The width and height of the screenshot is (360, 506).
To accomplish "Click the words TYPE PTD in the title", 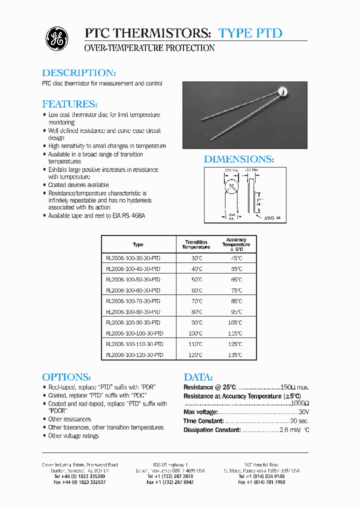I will pyautogui.click(x=250, y=33).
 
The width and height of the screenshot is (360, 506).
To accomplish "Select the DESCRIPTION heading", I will pyautogui.click(x=79, y=72).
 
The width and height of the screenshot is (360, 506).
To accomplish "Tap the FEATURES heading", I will pyautogui.click(x=69, y=104).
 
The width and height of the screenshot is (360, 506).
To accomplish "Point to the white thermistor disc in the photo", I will pyautogui.click(x=283, y=92).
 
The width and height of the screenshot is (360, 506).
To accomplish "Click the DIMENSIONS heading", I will pyautogui.click(x=239, y=159).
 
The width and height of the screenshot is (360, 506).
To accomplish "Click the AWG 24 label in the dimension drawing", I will pyautogui.click(x=271, y=218).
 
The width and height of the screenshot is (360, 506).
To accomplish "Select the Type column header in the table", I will pyautogui.click(x=138, y=244).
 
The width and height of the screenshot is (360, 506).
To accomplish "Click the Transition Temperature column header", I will pyautogui.click(x=196, y=244).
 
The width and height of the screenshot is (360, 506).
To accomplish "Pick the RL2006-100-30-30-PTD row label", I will pyautogui.click(x=133, y=258).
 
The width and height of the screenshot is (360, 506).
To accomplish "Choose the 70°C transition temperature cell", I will pyautogui.click(x=196, y=301).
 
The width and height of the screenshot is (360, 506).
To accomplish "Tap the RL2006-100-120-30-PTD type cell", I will pyautogui.click(x=134, y=355).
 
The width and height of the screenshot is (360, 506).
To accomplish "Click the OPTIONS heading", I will pyautogui.click(x=66, y=377).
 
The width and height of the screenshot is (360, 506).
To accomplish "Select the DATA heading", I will pyautogui.click(x=198, y=377).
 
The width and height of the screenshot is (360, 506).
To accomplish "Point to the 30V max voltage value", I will pyautogui.click(x=303, y=412).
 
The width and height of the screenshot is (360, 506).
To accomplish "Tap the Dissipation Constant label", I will pyautogui.click(x=212, y=430).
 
